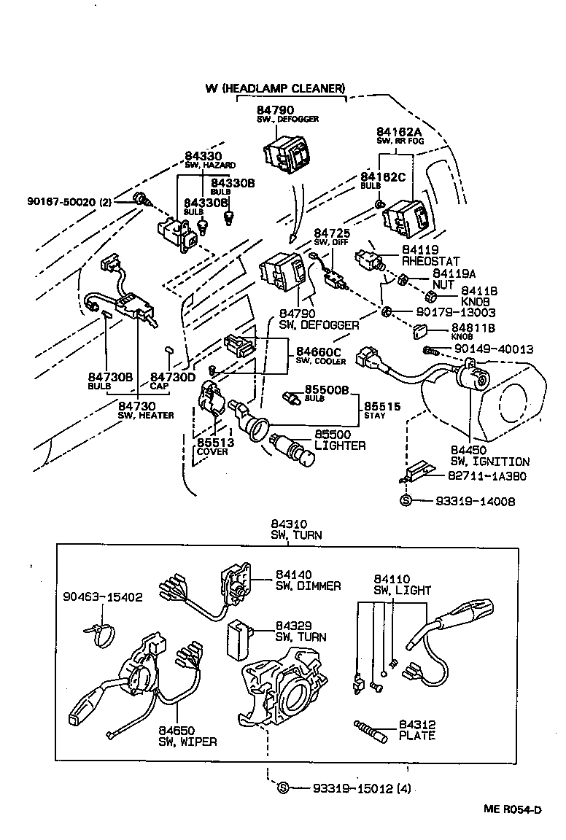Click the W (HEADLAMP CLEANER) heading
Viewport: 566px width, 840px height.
[x=274, y=88]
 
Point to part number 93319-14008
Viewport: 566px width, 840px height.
[x=475, y=501]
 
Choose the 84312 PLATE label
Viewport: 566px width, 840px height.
[x=416, y=730]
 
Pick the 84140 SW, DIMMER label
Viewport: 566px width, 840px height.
[x=304, y=580]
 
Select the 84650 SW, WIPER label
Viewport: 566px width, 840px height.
[x=187, y=736]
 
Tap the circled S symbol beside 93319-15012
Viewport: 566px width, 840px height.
[x=284, y=788]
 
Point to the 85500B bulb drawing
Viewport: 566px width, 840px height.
[x=292, y=397]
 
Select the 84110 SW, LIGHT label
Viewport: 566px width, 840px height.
[x=402, y=584]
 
